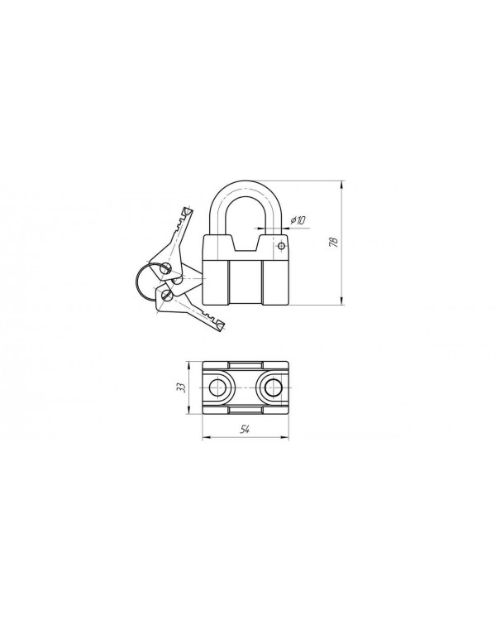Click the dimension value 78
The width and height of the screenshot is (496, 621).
(x=334, y=242)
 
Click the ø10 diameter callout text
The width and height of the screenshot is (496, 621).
(x=298, y=220)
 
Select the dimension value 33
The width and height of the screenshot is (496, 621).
(x=181, y=388)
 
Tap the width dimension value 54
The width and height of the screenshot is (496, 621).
(x=246, y=430)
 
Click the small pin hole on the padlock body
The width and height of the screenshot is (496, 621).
(x=281, y=247)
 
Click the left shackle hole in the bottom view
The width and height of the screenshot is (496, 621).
(x=217, y=388)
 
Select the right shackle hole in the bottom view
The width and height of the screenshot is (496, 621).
(x=273, y=388)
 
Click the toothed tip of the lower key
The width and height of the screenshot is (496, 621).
(x=220, y=325)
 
